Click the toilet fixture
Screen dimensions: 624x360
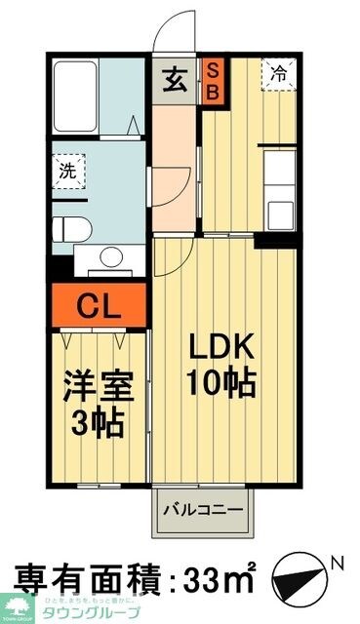72,229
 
